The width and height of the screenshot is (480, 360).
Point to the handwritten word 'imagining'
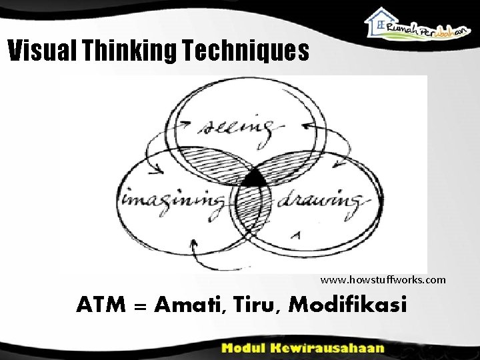pyautogui.click(x=172, y=199)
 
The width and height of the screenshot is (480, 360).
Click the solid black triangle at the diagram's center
pyautogui.click(x=253, y=179)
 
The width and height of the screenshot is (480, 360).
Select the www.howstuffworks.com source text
pyautogui.click(x=383, y=279)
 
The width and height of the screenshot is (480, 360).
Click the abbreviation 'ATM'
pyautogui.click(x=107, y=305)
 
